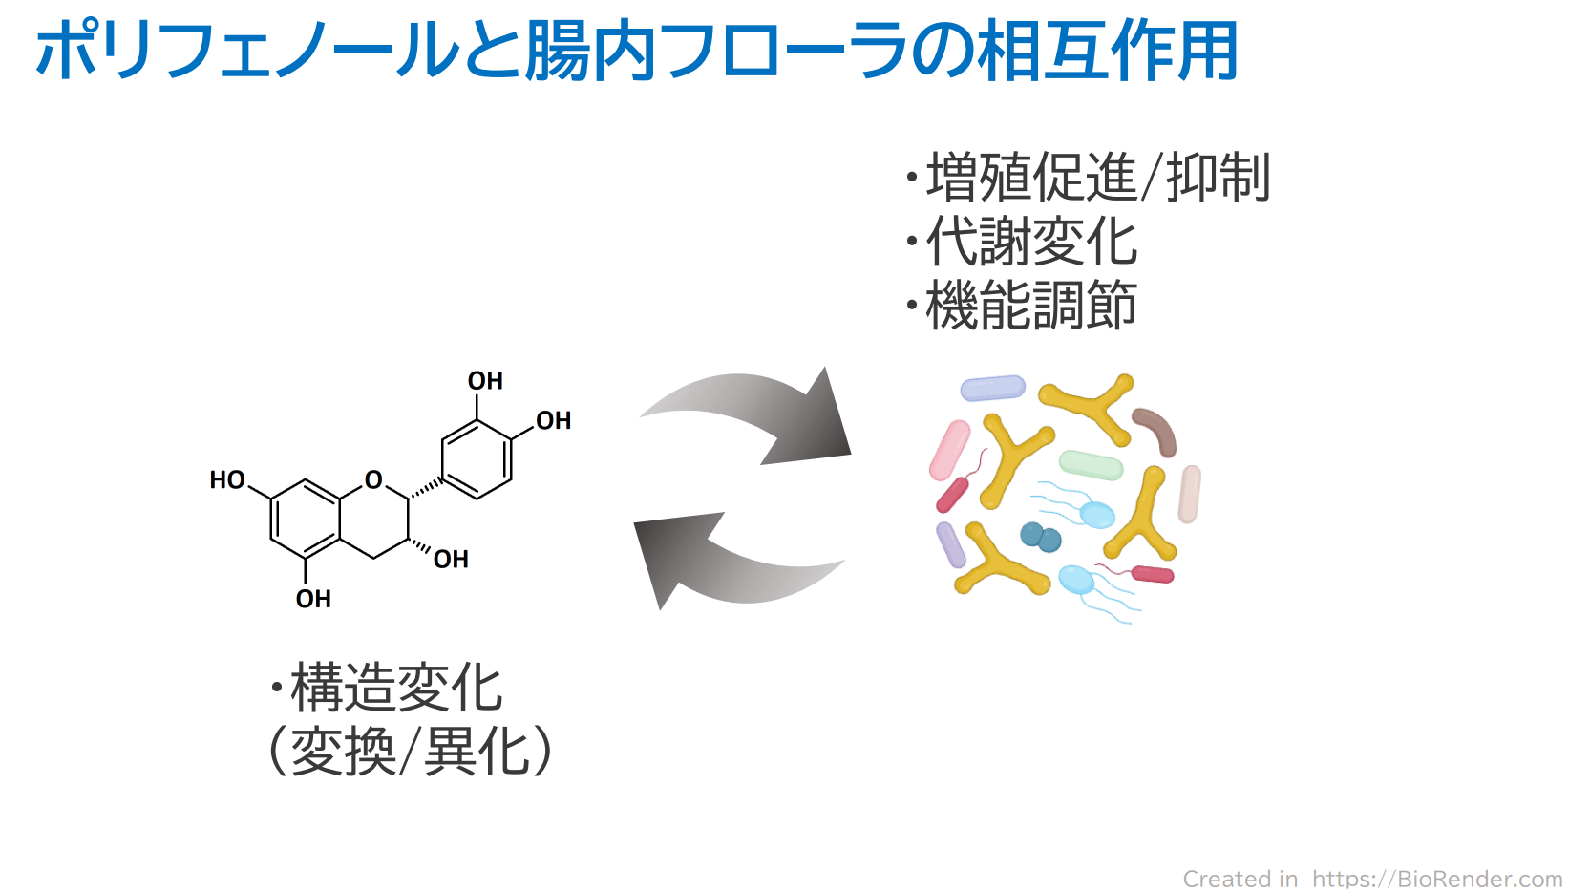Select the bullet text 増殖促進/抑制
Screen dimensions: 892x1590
click(x=1098, y=178)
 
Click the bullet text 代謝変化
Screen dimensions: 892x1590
click(x=1031, y=242)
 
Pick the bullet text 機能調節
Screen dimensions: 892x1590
click(x=1031, y=306)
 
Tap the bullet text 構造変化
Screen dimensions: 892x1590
click(x=396, y=688)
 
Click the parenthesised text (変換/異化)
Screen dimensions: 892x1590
click(x=411, y=752)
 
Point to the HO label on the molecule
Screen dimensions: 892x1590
click(x=227, y=479)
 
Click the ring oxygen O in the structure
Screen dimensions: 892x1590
click(x=373, y=479)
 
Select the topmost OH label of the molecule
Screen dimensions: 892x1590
click(x=485, y=381)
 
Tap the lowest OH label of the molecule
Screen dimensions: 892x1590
click(x=313, y=599)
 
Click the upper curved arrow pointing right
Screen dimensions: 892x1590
click(x=754, y=415)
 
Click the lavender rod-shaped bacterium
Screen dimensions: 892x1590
click(x=992, y=388)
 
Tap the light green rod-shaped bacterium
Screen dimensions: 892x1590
click(x=1091, y=464)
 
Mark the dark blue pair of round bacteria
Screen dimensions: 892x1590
click(x=1040, y=537)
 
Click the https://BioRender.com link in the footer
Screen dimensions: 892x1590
click(x=1436, y=878)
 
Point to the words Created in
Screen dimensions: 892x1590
click(x=1240, y=878)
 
